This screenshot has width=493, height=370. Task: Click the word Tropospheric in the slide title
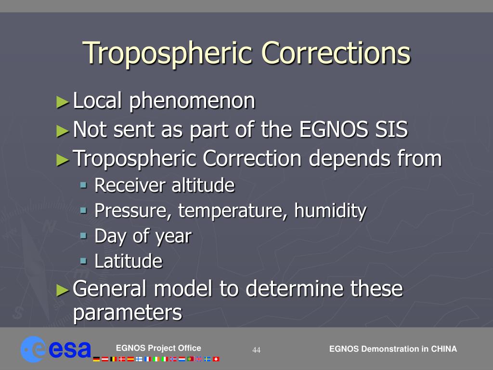(168, 53)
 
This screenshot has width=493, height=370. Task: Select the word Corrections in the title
(336, 53)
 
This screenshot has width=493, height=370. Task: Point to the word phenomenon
(192, 101)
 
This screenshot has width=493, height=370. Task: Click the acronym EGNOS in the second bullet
(333, 129)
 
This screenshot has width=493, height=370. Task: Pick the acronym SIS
(391, 129)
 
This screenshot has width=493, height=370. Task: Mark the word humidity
(330, 211)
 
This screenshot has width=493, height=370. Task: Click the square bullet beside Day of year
(83, 236)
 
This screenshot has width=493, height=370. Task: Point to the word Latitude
(128, 261)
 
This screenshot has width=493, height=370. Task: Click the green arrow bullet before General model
(63, 290)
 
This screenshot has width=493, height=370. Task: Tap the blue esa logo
(56, 349)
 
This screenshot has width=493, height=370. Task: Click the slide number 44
(256, 350)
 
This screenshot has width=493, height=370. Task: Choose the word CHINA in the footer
(443, 349)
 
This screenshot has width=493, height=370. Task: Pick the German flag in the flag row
(96, 359)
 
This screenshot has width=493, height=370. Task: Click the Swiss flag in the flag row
(216, 359)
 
